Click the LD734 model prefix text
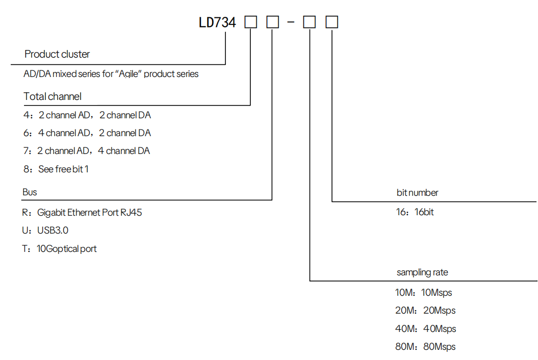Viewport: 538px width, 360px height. (x=217, y=22)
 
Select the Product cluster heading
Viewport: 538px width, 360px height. (x=57, y=54)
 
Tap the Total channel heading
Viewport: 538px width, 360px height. (x=53, y=96)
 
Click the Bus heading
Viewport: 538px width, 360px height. (x=30, y=192)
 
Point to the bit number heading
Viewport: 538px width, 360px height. (x=417, y=193)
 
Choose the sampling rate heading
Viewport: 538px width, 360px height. (x=422, y=272)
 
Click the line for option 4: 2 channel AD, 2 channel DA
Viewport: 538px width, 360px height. (x=87, y=115)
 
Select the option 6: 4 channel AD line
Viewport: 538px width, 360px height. (x=87, y=133)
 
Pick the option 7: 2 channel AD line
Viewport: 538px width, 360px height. (x=87, y=151)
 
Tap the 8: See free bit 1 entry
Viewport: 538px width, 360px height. (x=56, y=169)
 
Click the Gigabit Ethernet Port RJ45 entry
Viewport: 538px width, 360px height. (x=82, y=213)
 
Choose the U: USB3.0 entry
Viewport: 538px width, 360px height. (x=45, y=230)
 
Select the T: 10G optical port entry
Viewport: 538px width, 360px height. (x=60, y=249)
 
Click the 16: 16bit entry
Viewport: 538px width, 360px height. (x=415, y=212)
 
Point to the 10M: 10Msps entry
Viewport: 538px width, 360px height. (x=424, y=293)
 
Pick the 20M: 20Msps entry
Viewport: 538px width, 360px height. (x=425, y=311)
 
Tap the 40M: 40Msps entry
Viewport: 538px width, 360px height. (x=425, y=329)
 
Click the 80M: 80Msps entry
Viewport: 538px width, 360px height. (x=425, y=347)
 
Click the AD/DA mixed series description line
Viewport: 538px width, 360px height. (x=111, y=74)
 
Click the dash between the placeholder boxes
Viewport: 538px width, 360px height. (x=291, y=23)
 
